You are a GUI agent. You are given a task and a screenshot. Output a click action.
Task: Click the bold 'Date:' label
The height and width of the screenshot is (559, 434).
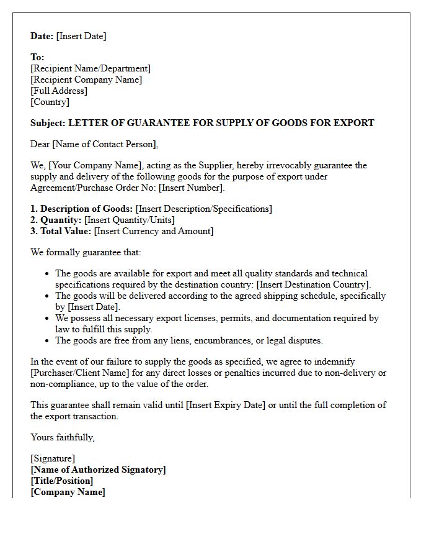[42, 36]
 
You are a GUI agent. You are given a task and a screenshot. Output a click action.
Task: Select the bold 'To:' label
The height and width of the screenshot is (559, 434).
[37, 57]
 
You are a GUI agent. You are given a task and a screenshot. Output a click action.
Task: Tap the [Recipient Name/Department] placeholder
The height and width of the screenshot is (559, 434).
[91, 68]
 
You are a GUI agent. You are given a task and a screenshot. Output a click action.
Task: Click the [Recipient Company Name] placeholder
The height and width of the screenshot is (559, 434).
[86, 80]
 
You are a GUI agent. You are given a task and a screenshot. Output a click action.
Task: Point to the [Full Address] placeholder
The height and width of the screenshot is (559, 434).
[59, 91]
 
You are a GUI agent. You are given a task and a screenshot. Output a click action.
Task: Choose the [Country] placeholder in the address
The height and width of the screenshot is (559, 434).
[50, 102]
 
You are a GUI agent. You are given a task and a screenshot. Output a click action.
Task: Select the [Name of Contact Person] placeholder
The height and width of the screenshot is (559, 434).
[105, 144]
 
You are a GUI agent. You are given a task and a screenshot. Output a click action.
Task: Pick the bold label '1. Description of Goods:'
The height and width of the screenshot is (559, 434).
[82, 209]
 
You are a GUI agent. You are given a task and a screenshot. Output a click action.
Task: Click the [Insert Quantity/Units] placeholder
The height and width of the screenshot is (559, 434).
[130, 220]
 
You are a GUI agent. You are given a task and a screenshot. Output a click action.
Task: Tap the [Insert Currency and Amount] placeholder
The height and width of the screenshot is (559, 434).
[154, 231]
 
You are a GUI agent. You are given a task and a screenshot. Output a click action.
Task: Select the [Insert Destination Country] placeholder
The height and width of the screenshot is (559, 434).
[313, 284]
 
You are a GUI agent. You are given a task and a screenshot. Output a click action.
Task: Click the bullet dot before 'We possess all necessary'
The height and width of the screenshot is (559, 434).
[48, 318]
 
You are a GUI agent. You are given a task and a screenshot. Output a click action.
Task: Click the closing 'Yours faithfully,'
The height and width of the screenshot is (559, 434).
[63, 437]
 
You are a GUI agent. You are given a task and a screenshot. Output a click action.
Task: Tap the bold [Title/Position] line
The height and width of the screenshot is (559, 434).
[62, 481]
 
